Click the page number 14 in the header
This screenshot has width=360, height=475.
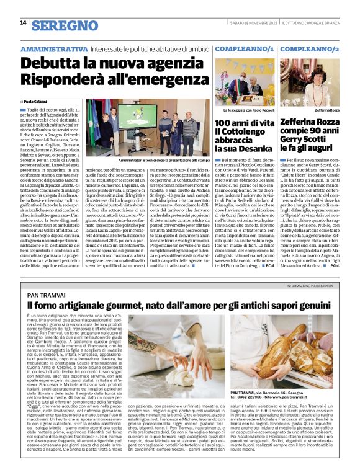tap(23, 23)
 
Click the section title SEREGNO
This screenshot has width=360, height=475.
tap(58, 25)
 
